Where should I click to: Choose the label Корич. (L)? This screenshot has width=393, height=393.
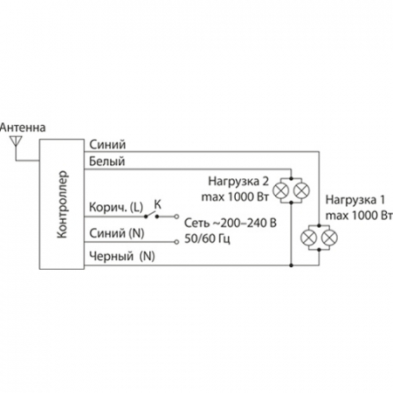[114, 207]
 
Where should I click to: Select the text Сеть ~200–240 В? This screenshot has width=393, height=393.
[230, 224]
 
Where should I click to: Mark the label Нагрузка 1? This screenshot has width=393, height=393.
[353, 199]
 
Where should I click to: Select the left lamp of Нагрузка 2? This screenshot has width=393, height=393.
[281, 189]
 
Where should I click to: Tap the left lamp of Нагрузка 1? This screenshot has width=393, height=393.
[309, 237]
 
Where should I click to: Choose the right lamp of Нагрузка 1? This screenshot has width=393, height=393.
[329, 237]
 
